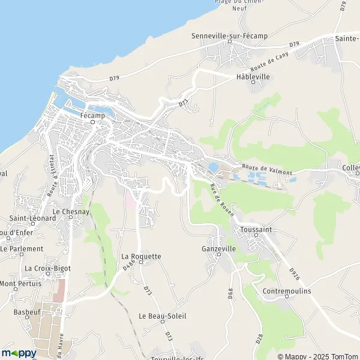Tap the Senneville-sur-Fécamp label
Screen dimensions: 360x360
coord(229,36)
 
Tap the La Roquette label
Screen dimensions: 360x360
coord(142,256)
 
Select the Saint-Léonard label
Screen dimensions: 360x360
coord(33,218)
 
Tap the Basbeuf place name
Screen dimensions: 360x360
coord(29,312)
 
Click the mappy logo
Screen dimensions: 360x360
coord(19,353)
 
